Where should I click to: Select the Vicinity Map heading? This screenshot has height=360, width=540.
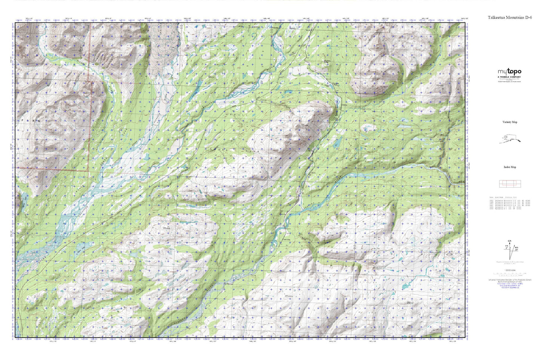[x=509, y=122]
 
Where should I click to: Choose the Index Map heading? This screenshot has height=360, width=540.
[x=509, y=167]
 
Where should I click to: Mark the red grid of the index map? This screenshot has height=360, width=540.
[x=509, y=184]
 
